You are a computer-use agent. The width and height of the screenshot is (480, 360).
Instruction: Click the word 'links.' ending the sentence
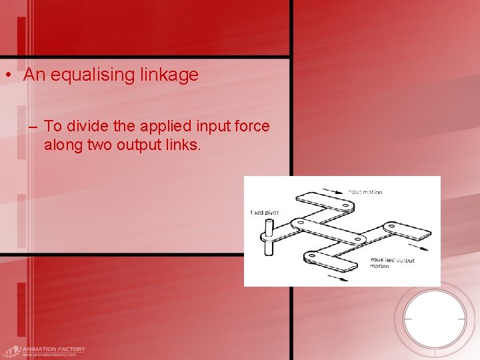pos(181,145)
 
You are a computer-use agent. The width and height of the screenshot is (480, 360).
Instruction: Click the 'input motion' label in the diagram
pos(365,192)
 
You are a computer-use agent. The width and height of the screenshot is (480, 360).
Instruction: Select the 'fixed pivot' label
pos(265,213)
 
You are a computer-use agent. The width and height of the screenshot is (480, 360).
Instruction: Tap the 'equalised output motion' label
pos(391,263)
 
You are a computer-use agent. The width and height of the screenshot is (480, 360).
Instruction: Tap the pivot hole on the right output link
pos(392,227)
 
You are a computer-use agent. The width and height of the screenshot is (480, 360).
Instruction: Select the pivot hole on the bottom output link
pos(312,255)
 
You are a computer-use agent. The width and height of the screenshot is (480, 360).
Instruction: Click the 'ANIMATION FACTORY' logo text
pos(53,349)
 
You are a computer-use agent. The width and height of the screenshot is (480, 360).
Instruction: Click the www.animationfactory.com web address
pos(49,355)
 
